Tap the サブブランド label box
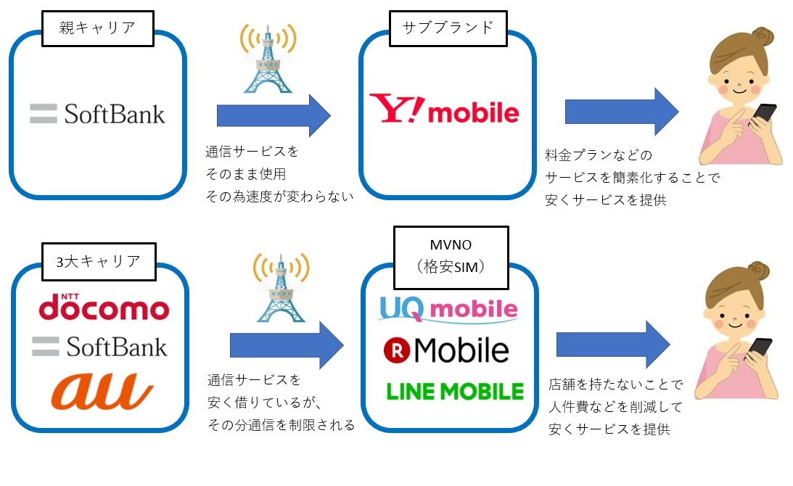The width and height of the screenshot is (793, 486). point(447,28)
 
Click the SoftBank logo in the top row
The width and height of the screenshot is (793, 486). point(97,114)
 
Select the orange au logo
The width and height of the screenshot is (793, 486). point(102,391)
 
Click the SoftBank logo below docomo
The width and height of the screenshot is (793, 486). point(99,347)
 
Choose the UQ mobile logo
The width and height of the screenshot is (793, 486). point(448,309)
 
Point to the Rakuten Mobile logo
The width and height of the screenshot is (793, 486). point(446,350)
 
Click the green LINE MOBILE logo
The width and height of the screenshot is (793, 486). point(455,392)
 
